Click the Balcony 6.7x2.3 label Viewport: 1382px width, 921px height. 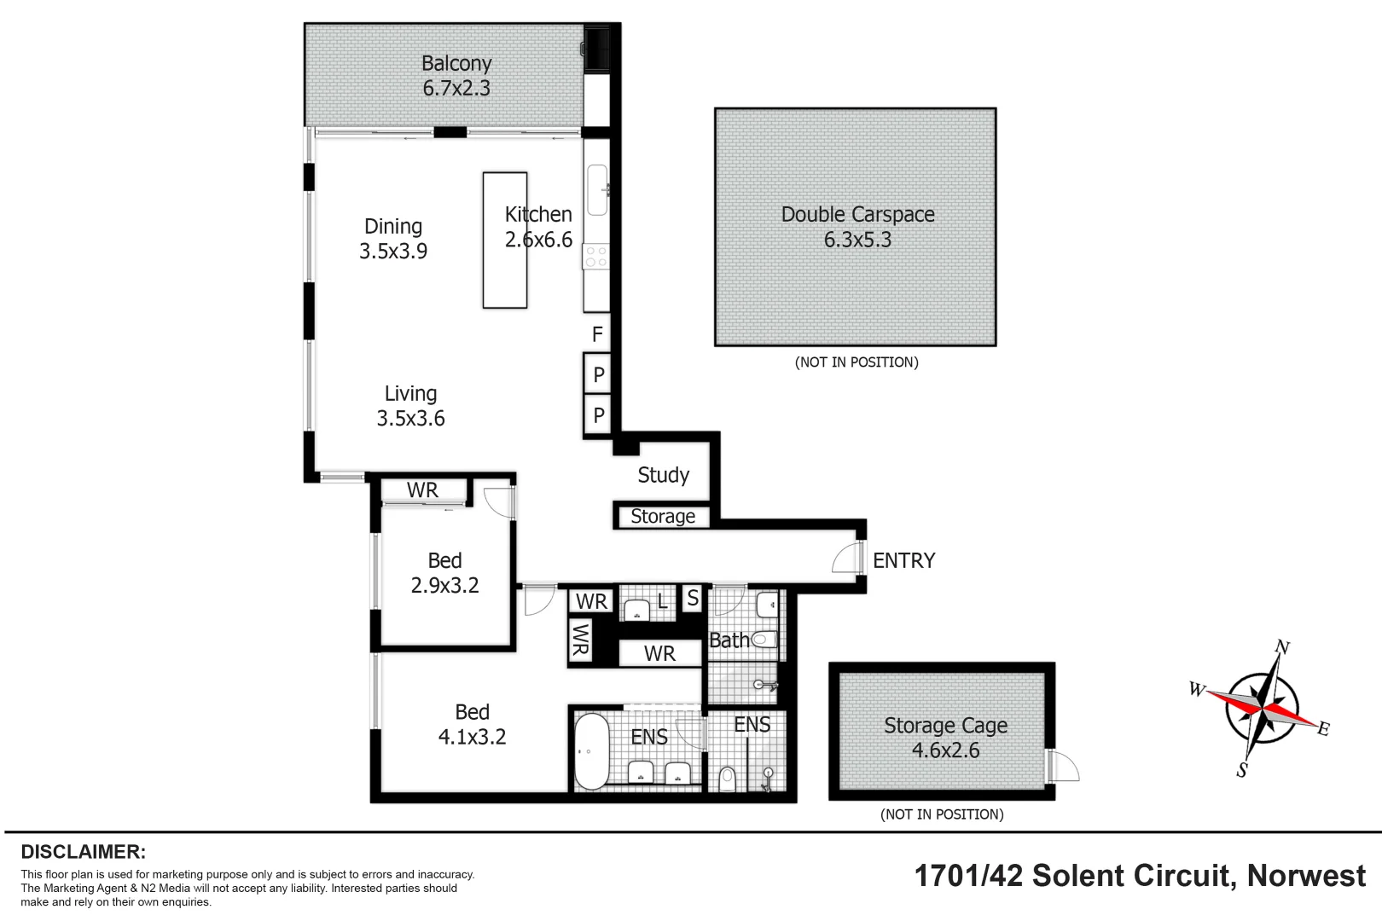[456, 75]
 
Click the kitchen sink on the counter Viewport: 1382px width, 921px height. [597, 189]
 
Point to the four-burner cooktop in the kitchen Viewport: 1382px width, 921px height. [596, 257]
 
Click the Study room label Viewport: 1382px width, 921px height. [663, 475]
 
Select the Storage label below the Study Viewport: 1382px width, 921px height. [663, 516]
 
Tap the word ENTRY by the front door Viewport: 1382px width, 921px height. [903, 560]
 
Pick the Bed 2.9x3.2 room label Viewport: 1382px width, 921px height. [444, 573]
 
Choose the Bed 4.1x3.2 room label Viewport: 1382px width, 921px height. [472, 724]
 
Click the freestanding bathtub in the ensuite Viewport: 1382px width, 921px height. [590, 751]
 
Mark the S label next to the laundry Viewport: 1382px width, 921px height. [693, 599]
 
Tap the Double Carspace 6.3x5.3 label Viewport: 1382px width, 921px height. [857, 227]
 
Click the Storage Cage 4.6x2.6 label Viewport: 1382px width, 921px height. [945, 738]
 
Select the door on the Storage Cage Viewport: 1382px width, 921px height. [1063, 765]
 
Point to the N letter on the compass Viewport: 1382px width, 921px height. [1281, 647]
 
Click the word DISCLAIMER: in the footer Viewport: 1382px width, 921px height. [83, 851]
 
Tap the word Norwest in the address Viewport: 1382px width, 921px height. [1305, 876]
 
